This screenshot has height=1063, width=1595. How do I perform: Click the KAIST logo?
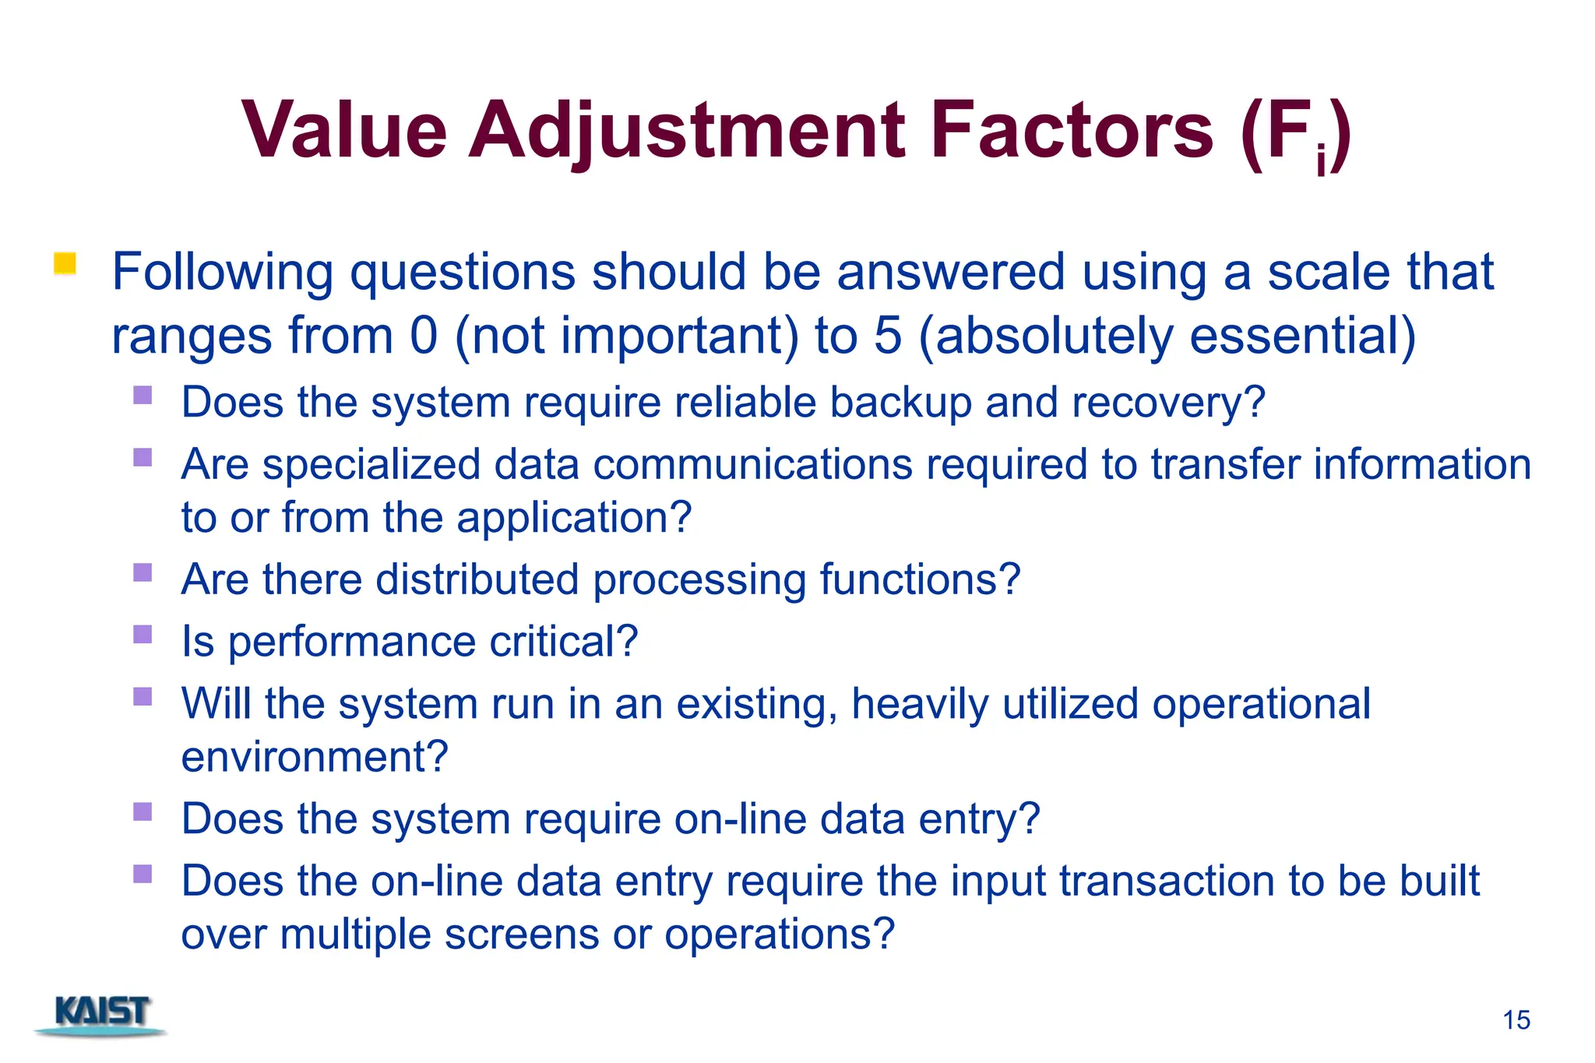(102, 1015)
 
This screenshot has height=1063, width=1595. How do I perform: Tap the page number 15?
(1516, 1020)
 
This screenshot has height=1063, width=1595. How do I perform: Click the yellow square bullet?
(65, 264)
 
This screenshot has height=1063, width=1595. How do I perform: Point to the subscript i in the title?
(1321, 160)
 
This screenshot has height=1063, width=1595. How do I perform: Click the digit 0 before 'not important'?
(424, 336)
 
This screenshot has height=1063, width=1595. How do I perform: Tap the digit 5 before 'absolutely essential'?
(888, 336)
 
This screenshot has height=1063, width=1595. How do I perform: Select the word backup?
(900, 403)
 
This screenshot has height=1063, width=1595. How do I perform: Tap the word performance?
(352, 642)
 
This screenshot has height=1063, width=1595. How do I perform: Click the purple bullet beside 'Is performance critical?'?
(143, 634)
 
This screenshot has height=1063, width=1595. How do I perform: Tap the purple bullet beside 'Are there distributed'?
(143, 572)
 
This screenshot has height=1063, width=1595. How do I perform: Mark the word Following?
(223, 272)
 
